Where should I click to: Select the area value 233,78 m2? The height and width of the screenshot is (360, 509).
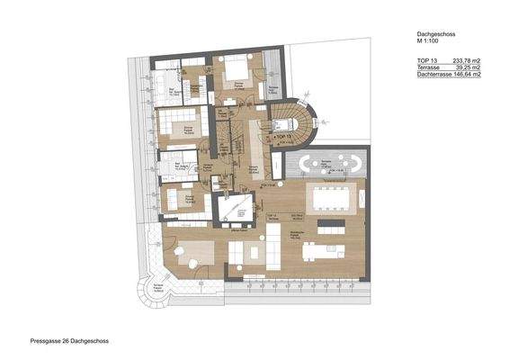coord(464,58)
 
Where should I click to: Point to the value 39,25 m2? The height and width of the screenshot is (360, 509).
coord(466,67)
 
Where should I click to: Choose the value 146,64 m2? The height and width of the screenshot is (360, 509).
coord(468,75)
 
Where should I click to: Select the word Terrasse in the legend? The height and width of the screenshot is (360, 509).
coord(429,67)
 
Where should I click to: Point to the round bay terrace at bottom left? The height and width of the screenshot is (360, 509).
coord(154,292)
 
